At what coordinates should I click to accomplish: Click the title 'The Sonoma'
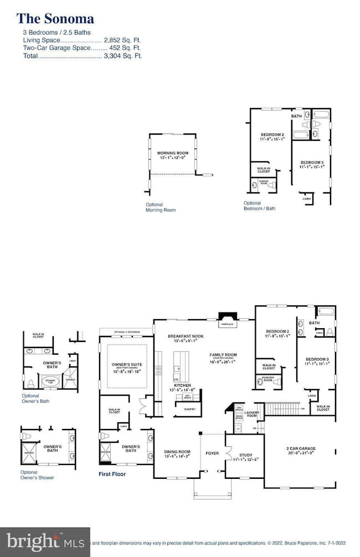coord(55,19)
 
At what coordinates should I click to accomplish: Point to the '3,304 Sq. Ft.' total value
coord(122,56)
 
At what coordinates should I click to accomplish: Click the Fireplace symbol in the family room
coord(228,317)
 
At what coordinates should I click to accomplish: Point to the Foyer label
coord(212,453)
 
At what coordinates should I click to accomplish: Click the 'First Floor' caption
coord(112,474)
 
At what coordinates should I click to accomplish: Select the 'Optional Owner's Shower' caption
coord(38,474)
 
